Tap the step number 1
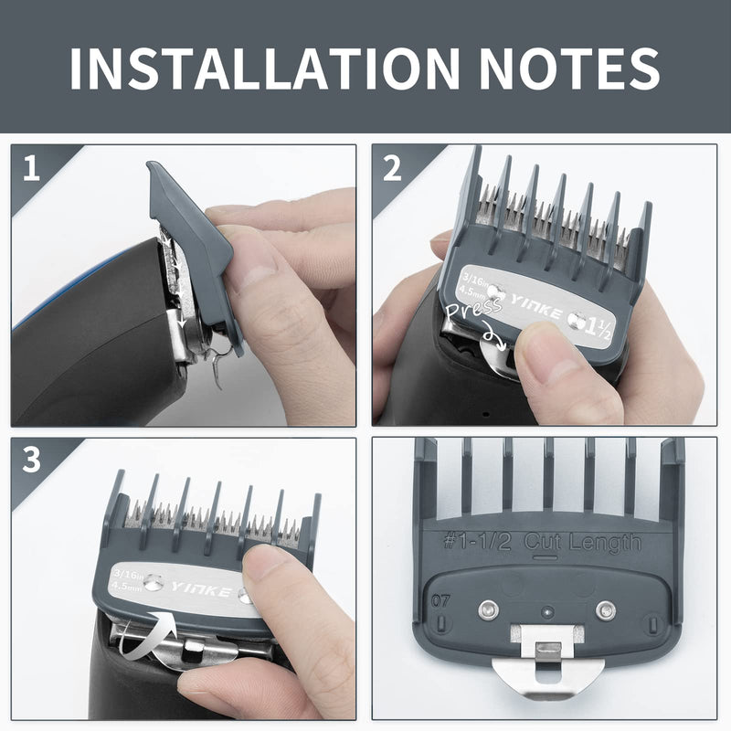(x=32, y=169)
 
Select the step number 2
(x=393, y=169)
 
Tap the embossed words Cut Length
(x=582, y=542)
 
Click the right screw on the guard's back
(x=604, y=608)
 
